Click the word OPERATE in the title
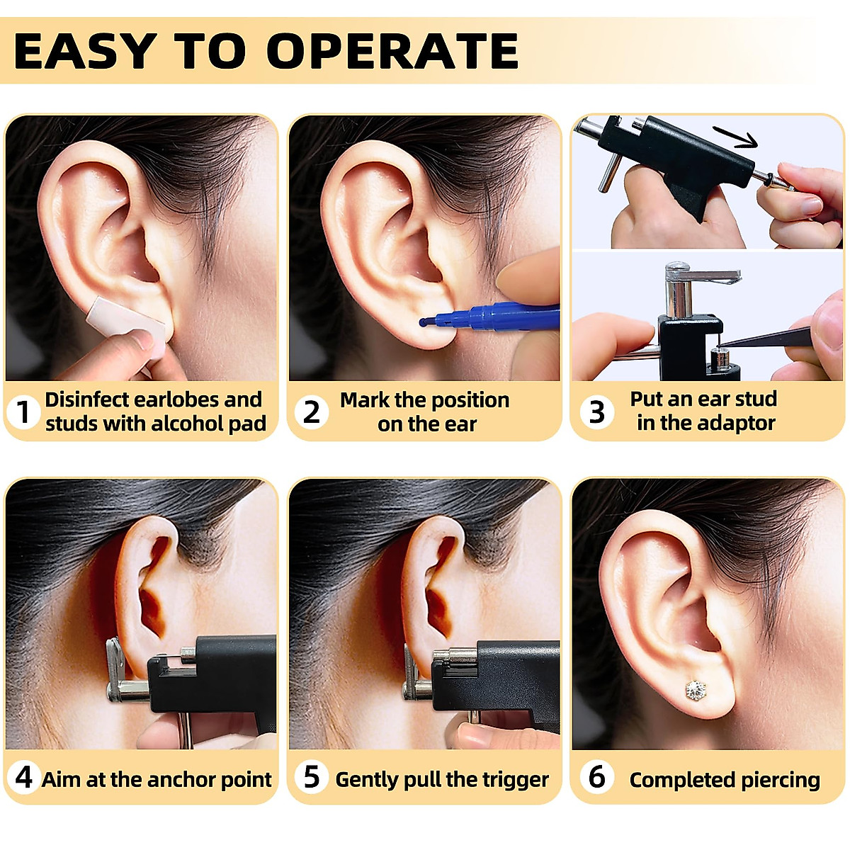coord(392,51)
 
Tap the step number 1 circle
coord(23,412)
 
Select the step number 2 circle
coord(311,412)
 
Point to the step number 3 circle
coord(596,412)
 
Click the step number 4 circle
coord(23,777)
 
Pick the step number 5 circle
coord(311,777)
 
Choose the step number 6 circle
coord(596,777)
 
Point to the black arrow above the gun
coord(735,136)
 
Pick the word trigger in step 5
coord(515,780)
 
